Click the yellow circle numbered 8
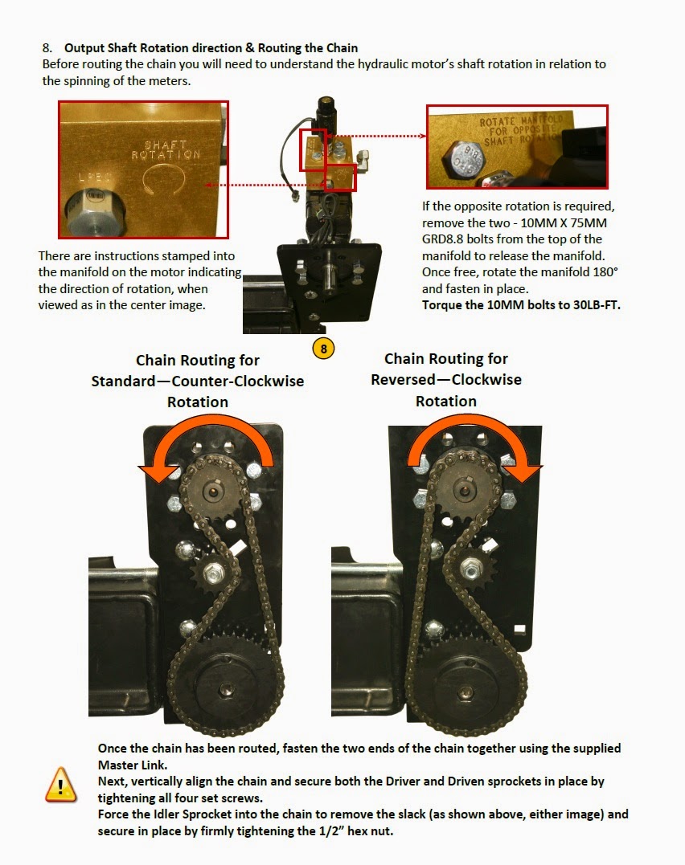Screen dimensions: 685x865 coord(323,349)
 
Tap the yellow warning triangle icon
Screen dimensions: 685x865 coord(61,785)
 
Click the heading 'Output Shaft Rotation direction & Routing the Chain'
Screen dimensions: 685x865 coord(211,48)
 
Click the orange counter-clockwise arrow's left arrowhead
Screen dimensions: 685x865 coord(155,473)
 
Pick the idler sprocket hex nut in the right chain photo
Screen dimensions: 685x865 coord(470,569)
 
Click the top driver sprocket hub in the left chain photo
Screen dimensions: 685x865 coord(214,491)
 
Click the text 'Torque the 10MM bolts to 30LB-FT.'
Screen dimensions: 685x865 coord(521,305)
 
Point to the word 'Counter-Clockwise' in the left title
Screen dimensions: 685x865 coord(238,381)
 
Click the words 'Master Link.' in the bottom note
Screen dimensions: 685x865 coord(133,765)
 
